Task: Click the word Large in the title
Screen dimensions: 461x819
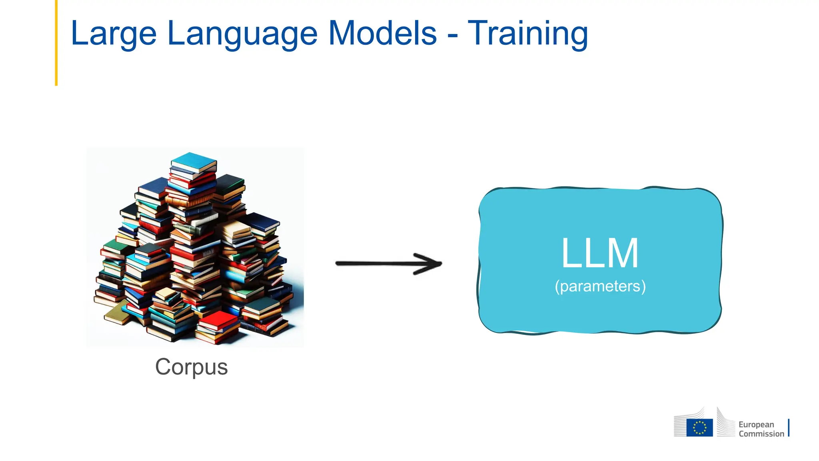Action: (113, 34)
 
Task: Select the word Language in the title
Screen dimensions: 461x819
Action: (242, 34)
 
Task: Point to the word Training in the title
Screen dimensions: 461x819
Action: (528, 34)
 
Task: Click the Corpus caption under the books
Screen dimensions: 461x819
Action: (191, 367)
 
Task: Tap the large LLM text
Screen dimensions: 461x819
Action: (600, 253)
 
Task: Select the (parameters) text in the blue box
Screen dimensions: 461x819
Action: (600, 287)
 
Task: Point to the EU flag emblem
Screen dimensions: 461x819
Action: (699, 427)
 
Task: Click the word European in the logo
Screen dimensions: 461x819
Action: (756, 424)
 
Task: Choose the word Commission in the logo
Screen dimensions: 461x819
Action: (761, 434)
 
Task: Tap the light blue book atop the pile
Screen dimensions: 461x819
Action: (194, 161)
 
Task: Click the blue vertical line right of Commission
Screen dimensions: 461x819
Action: (789, 428)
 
